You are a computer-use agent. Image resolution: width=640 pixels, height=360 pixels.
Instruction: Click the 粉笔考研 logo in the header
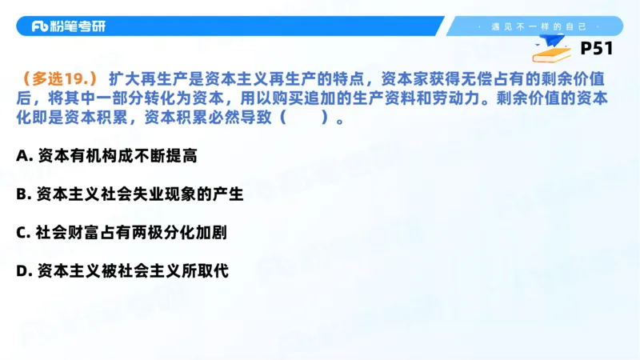tap(68, 26)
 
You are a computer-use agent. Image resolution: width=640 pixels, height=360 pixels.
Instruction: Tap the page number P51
tap(596, 49)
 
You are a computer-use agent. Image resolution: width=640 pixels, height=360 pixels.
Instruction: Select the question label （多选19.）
tap(60, 78)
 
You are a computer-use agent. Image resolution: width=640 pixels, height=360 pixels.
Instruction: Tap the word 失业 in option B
tap(149, 194)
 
